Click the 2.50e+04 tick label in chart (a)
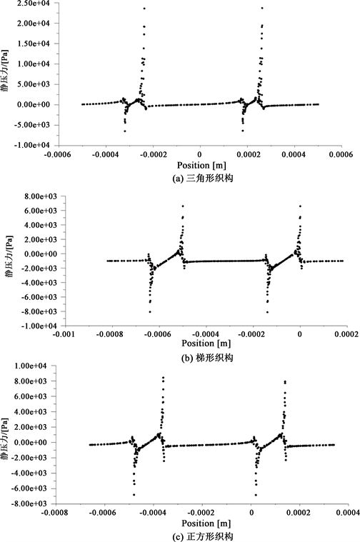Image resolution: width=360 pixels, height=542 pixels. (x=34, y=3)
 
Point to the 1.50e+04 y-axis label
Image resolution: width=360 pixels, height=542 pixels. (x=34, y=44)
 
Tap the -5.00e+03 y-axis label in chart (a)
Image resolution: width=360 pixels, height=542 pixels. (x=33, y=125)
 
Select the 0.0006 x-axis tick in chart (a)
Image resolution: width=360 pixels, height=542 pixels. (x=341, y=154)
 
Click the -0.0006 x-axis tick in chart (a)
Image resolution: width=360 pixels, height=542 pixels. (x=57, y=154)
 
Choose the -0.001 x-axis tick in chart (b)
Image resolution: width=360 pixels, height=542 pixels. (x=65, y=335)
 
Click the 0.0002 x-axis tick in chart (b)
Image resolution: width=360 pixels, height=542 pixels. (x=347, y=335)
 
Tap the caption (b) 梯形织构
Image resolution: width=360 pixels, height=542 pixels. (x=207, y=358)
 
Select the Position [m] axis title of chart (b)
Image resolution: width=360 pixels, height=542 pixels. (x=206, y=343)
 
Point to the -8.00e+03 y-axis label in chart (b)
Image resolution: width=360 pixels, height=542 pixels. (x=40, y=311)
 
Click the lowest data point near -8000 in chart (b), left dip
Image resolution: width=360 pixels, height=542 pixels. (x=150, y=312)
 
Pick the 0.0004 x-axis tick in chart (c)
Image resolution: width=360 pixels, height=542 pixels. (x=348, y=512)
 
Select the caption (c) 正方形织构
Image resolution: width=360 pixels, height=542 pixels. (x=203, y=537)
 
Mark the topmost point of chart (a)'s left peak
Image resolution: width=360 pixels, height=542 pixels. (x=144, y=9)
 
